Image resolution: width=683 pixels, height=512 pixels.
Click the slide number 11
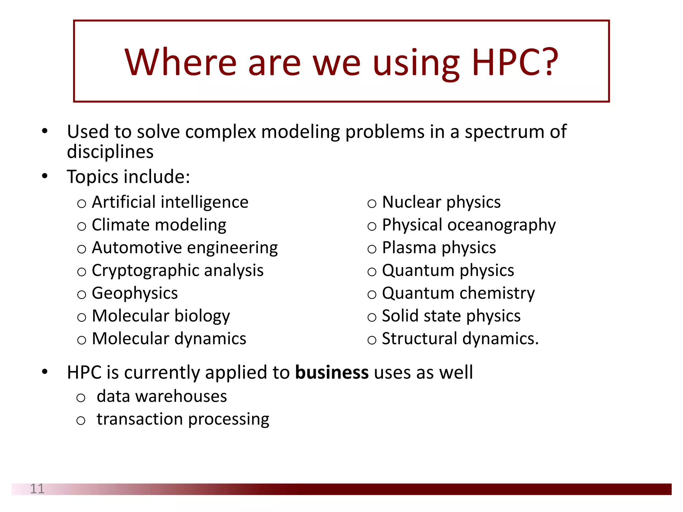point(37,489)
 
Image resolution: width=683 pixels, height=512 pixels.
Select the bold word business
point(332,372)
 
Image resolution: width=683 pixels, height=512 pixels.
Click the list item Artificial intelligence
point(170,202)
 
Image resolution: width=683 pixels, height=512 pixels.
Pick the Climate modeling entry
point(159,225)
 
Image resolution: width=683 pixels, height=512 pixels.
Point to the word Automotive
point(137,248)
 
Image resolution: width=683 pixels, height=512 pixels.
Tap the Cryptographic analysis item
point(177,270)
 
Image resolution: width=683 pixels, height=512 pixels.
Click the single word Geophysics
point(135,293)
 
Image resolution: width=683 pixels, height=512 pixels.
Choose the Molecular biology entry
point(161,316)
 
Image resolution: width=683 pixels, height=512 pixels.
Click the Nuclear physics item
point(441,202)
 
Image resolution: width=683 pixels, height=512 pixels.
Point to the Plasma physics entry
point(439,248)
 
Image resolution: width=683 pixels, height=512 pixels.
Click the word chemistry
point(497,293)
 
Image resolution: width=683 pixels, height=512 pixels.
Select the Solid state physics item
point(451,316)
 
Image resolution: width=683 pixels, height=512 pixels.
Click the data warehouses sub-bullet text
point(162,396)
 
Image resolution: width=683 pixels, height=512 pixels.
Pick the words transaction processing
point(183,419)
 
